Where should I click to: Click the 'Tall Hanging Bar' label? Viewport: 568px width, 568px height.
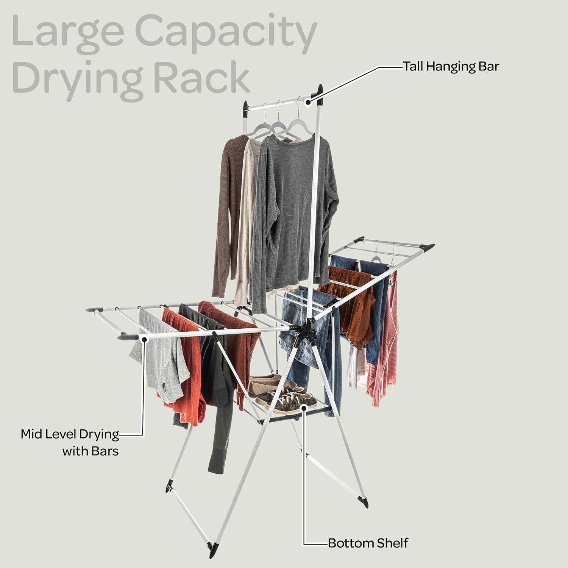click(x=451, y=67)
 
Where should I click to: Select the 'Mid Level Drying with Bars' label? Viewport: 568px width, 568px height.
click(x=70, y=442)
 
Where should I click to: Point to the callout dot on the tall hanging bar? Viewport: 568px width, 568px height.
click(x=308, y=101)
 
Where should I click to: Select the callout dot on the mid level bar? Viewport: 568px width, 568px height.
click(x=144, y=339)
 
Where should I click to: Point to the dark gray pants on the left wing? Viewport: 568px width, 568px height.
click(x=212, y=379)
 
